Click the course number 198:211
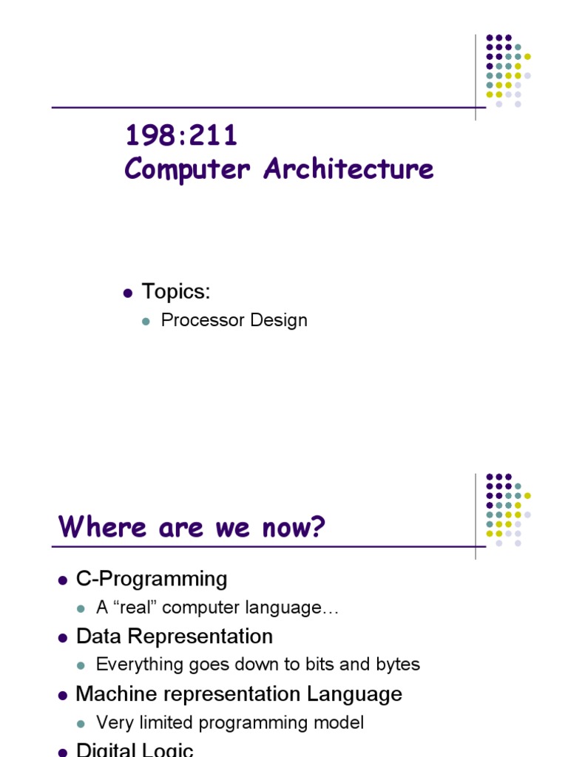coord(181,136)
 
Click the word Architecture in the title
coord(348,169)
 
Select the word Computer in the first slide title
coord(189,169)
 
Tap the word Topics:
coord(176,292)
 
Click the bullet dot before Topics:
coord(127,293)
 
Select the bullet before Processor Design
coord(146,321)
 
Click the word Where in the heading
coord(95,527)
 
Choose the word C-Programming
coord(152,579)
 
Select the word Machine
coord(114,694)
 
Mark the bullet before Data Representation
coord(63,637)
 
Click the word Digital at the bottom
coord(103,750)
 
